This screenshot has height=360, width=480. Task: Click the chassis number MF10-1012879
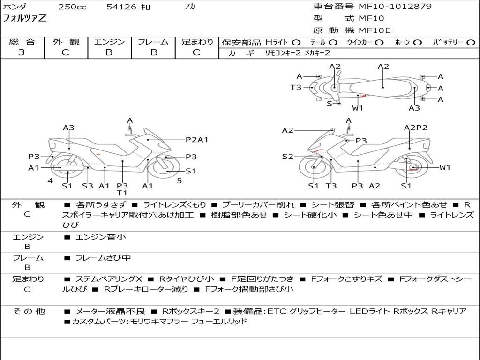(395, 7)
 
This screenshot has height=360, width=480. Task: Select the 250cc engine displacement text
(72, 7)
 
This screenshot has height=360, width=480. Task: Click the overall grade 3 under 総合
(22, 52)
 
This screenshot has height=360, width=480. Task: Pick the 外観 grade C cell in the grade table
(65, 52)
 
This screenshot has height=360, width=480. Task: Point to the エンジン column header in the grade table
(109, 42)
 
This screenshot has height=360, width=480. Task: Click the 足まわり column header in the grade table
(197, 42)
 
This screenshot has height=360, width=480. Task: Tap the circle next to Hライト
(296, 42)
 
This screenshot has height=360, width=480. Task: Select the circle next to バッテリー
(470, 42)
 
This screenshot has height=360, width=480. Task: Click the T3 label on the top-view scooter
(296, 87)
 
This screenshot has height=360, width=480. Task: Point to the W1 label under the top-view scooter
(358, 108)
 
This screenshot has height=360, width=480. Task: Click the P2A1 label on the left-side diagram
(197, 139)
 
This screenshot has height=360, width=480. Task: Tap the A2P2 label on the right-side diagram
(416, 127)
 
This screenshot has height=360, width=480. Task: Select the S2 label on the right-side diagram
(287, 157)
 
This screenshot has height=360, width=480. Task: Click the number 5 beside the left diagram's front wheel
(179, 180)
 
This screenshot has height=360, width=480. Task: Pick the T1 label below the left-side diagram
(122, 193)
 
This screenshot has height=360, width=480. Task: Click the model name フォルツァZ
(25, 19)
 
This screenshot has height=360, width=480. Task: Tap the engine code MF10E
(375, 30)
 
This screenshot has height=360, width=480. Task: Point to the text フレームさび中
(103, 258)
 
